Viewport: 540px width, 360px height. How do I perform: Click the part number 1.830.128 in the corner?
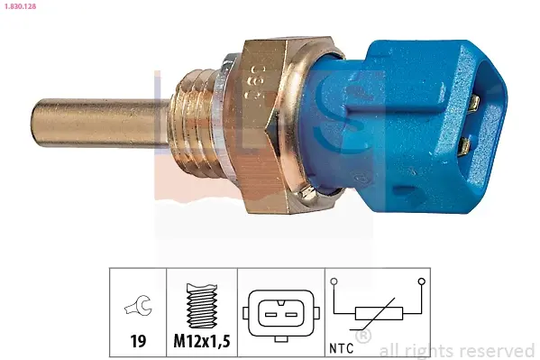[20, 6]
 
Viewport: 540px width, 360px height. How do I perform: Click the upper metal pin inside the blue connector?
[474, 104]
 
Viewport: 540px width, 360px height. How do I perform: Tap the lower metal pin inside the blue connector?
[464, 146]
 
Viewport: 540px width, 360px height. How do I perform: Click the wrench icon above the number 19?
[138, 305]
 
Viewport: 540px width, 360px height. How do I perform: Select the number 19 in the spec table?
[138, 341]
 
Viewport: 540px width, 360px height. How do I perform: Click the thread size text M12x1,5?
[202, 341]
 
